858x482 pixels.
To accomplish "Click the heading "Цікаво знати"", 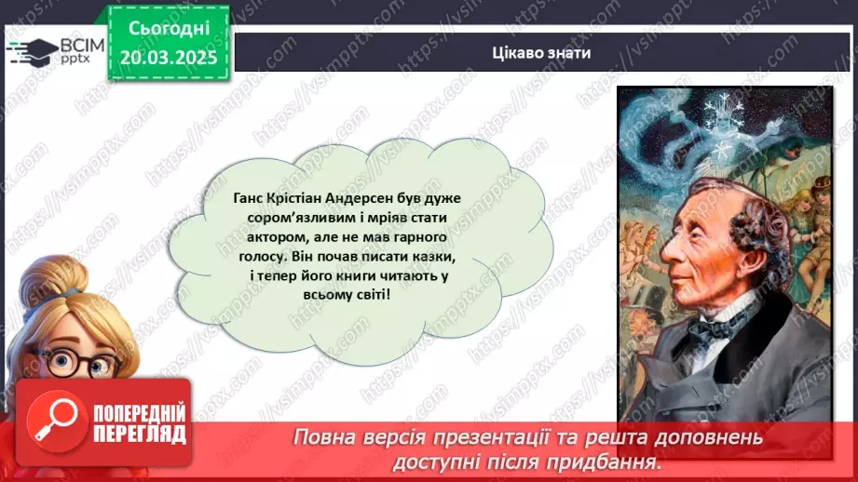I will click(541, 52).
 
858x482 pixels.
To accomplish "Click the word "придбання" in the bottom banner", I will click(606, 461).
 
